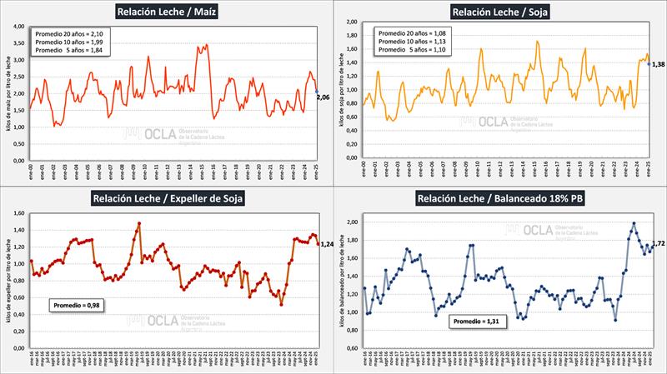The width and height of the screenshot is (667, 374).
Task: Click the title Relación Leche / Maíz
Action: point(167,12)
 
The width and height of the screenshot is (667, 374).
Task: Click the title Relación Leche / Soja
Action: point(499,12)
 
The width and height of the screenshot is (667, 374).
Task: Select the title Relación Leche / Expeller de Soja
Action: point(167,200)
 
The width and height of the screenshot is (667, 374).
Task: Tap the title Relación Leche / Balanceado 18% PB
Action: point(499,200)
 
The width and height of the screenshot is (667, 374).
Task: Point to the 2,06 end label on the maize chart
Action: point(323,97)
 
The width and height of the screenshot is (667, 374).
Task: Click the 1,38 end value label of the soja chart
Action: point(658,65)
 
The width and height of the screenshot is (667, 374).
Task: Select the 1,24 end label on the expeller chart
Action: point(327,243)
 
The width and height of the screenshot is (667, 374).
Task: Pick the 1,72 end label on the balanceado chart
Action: point(658,243)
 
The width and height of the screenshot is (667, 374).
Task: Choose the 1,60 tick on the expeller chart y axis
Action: point(18,213)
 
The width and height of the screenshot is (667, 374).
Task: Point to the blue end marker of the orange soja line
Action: point(649,63)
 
